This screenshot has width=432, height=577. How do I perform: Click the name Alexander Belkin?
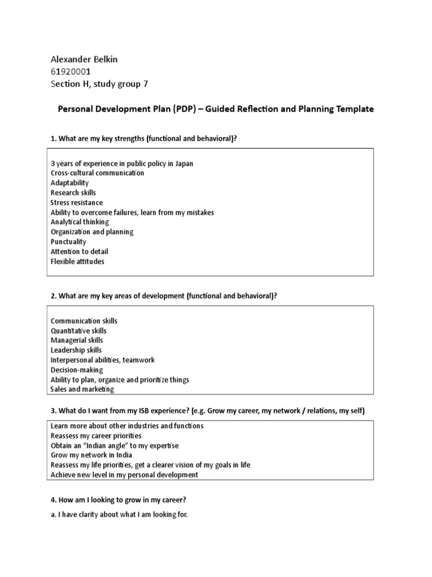[x=84, y=59]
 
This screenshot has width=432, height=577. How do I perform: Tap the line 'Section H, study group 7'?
[x=99, y=84]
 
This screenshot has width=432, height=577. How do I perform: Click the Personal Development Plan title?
[x=216, y=109]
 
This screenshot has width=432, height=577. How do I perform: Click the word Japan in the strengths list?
[x=183, y=163]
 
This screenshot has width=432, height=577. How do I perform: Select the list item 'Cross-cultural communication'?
[x=97, y=173]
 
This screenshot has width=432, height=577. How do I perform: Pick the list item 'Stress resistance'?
[x=76, y=202]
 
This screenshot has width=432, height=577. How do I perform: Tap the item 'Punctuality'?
[x=69, y=242]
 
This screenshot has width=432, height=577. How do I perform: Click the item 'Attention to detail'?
[x=79, y=251]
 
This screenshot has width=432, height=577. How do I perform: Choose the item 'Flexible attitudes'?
[x=78, y=261]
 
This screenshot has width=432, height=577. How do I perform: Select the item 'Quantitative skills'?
[x=78, y=331]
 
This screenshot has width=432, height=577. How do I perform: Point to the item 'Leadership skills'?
[x=76, y=350]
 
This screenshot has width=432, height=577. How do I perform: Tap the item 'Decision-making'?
[x=76, y=370]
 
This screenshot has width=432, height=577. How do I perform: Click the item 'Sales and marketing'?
[x=82, y=389]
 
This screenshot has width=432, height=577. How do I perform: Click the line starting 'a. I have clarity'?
[x=119, y=514]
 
